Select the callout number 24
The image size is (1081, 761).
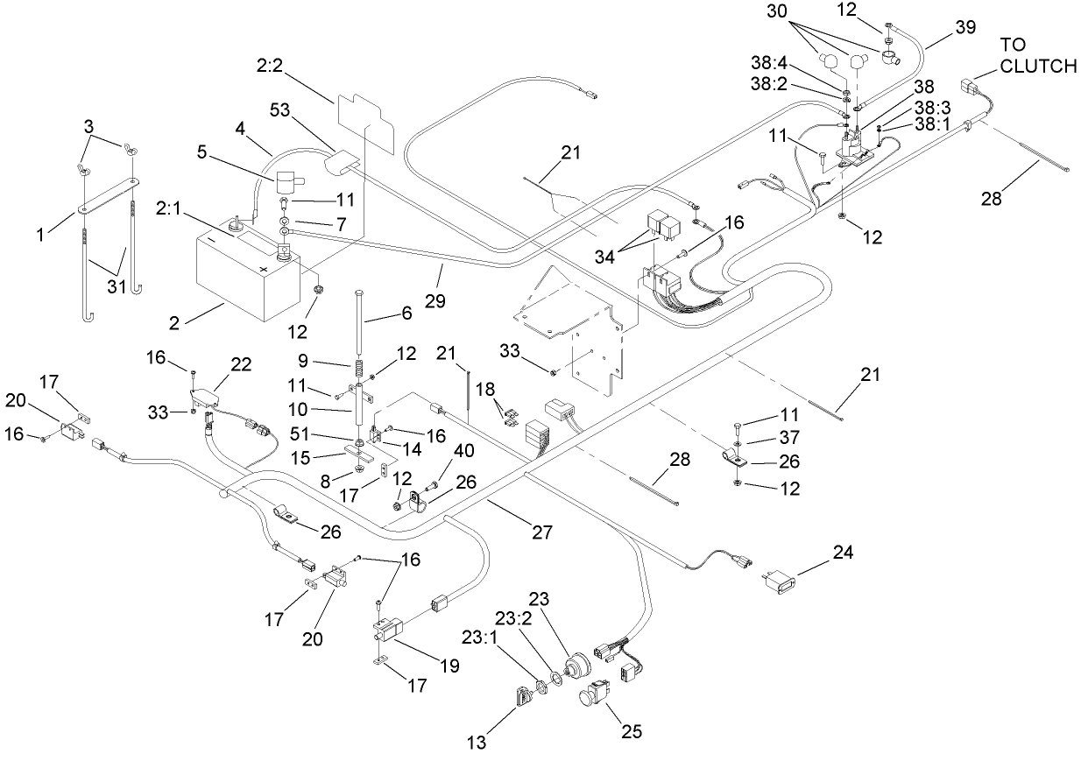pos(843,553)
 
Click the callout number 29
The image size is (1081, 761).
pos(434,300)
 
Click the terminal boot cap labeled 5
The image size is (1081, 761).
pos(286,184)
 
